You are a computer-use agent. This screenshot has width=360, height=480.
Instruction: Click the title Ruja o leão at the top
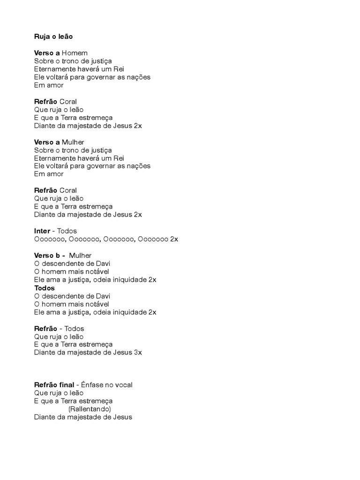point(53,36)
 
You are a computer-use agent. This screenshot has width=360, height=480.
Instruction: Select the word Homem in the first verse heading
point(75,53)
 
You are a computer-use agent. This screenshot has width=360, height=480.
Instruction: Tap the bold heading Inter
point(42,231)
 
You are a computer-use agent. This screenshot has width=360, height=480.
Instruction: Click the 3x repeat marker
point(138,352)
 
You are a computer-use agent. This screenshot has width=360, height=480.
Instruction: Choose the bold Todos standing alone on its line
point(45,288)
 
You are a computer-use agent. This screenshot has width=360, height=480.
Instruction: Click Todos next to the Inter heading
point(67,231)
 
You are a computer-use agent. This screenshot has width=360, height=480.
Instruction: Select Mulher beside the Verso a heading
point(73,142)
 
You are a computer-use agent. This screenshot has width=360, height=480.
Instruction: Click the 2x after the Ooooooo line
point(174,239)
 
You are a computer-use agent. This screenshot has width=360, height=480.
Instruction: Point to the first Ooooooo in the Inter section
point(50,239)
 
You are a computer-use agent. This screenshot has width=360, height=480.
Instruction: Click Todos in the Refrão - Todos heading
point(75,329)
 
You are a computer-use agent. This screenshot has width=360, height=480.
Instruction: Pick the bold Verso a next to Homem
point(47,53)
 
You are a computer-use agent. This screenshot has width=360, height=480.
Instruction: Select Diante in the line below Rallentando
point(45,417)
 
